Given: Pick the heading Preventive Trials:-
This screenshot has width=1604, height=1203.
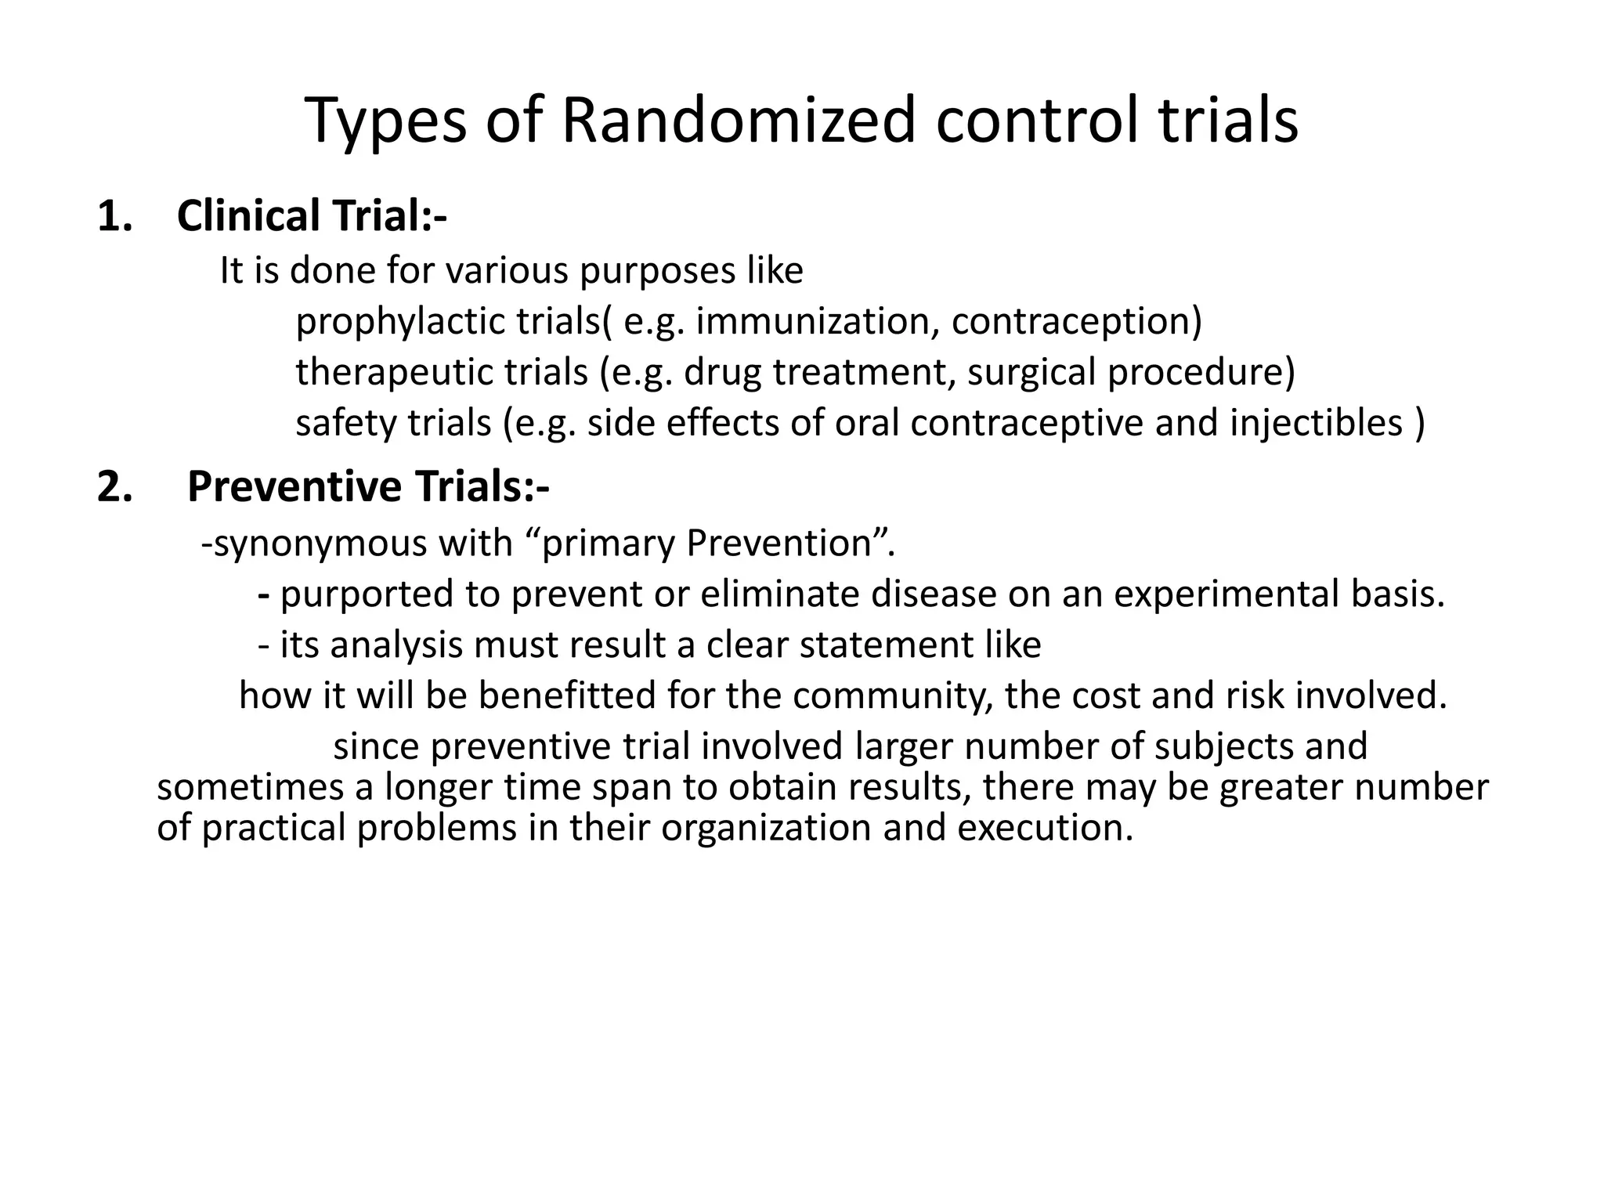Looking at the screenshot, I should (x=368, y=486).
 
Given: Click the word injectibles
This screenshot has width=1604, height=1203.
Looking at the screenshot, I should (x=1316, y=423).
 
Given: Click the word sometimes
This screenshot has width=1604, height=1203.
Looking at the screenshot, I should (x=250, y=787).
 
